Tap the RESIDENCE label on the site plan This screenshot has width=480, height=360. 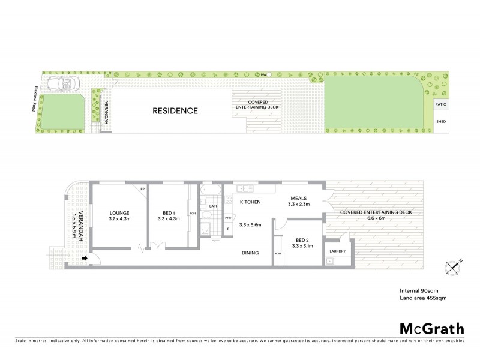click(x=175, y=110)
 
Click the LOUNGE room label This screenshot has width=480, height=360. click(x=119, y=212)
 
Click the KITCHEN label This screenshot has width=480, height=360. click(x=250, y=203)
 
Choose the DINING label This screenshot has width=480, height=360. click(x=250, y=253)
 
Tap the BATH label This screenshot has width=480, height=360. click(x=212, y=206)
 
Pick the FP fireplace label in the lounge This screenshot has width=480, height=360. click(x=142, y=189)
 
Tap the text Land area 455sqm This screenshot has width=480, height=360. click(x=423, y=297)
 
